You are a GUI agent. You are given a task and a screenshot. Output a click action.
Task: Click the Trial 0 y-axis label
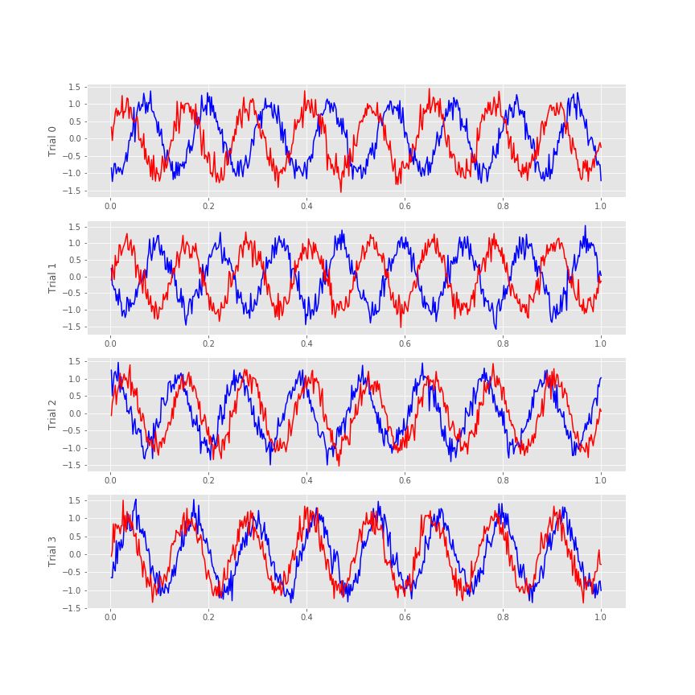[x=52, y=141]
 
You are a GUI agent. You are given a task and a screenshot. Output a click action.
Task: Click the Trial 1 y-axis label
[x=52, y=278]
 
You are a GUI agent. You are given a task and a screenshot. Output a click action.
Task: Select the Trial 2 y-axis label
[x=52, y=414]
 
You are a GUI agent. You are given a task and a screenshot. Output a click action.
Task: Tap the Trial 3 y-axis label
[x=52, y=552]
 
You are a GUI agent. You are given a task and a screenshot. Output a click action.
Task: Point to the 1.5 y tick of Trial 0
[x=74, y=87]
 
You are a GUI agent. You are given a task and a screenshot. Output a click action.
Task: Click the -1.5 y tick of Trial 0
[x=72, y=191]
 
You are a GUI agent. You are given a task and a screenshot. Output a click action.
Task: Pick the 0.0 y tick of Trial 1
[x=74, y=277]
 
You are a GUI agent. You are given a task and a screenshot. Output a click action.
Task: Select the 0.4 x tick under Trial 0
[x=306, y=207]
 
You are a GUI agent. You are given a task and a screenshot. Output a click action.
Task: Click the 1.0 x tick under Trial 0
[x=600, y=207]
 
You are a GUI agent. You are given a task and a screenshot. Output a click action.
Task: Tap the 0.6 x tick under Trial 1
[x=405, y=343]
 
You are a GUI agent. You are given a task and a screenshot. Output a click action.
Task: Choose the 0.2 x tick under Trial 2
[x=208, y=480]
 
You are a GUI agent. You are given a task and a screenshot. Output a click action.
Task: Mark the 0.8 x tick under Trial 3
[x=502, y=618]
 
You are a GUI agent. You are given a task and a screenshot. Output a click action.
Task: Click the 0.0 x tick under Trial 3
[x=110, y=618]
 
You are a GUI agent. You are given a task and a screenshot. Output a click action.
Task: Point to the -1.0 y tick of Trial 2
[x=72, y=448]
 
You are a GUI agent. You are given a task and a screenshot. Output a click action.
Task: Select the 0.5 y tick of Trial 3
[x=74, y=536]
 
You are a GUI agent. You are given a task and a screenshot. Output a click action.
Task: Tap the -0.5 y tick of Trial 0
[x=72, y=156]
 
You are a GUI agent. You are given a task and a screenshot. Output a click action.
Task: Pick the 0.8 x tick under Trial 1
[x=502, y=343]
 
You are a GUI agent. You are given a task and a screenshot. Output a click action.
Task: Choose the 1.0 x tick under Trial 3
[x=600, y=618]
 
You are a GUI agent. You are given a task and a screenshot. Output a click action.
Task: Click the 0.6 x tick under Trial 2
[x=405, y=480]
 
